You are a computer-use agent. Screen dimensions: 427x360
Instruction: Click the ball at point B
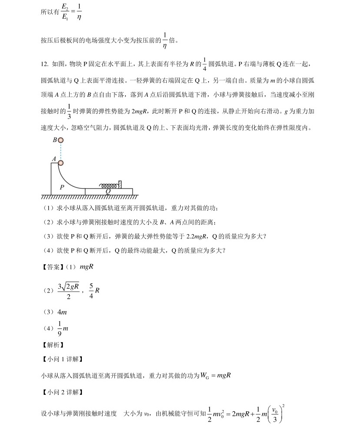point(61,140)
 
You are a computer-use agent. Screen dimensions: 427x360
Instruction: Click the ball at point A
point(61,163)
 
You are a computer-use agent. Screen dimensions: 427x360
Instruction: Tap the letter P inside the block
point(62,187)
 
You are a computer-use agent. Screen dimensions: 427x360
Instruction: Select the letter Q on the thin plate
point(108,191)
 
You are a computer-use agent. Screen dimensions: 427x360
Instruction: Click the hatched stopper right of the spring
point(120,184)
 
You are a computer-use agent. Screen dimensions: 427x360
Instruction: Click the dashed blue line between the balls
point(61,151)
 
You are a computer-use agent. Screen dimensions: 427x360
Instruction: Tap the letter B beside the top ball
point(55,140)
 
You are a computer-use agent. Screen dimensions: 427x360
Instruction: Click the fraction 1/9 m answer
point(63,328)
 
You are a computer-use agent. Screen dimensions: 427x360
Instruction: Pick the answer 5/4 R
point(94,290)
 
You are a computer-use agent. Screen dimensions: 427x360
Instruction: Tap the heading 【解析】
point(52,345)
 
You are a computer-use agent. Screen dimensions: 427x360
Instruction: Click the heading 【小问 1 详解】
point(62,359)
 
